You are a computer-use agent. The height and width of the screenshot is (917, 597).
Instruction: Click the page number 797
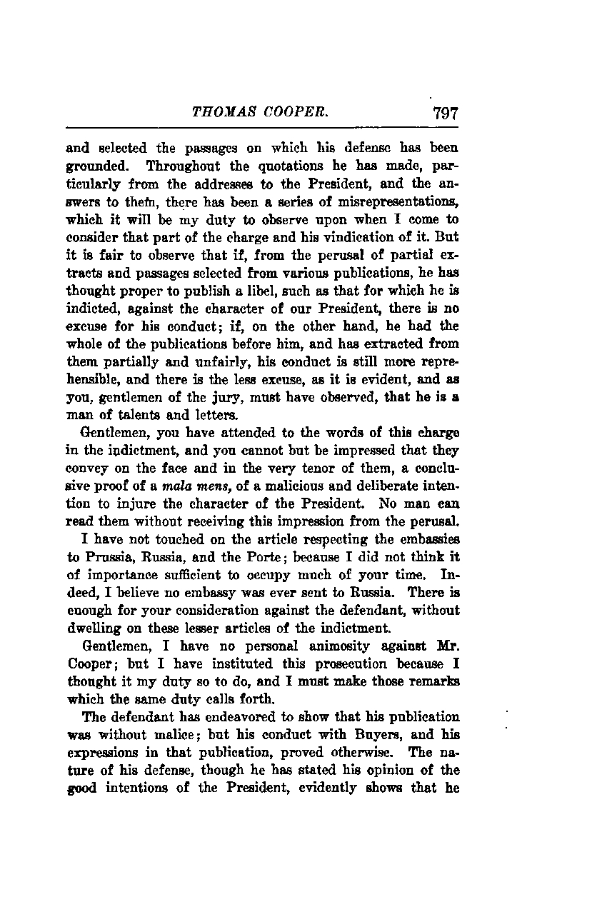point(443,113)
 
